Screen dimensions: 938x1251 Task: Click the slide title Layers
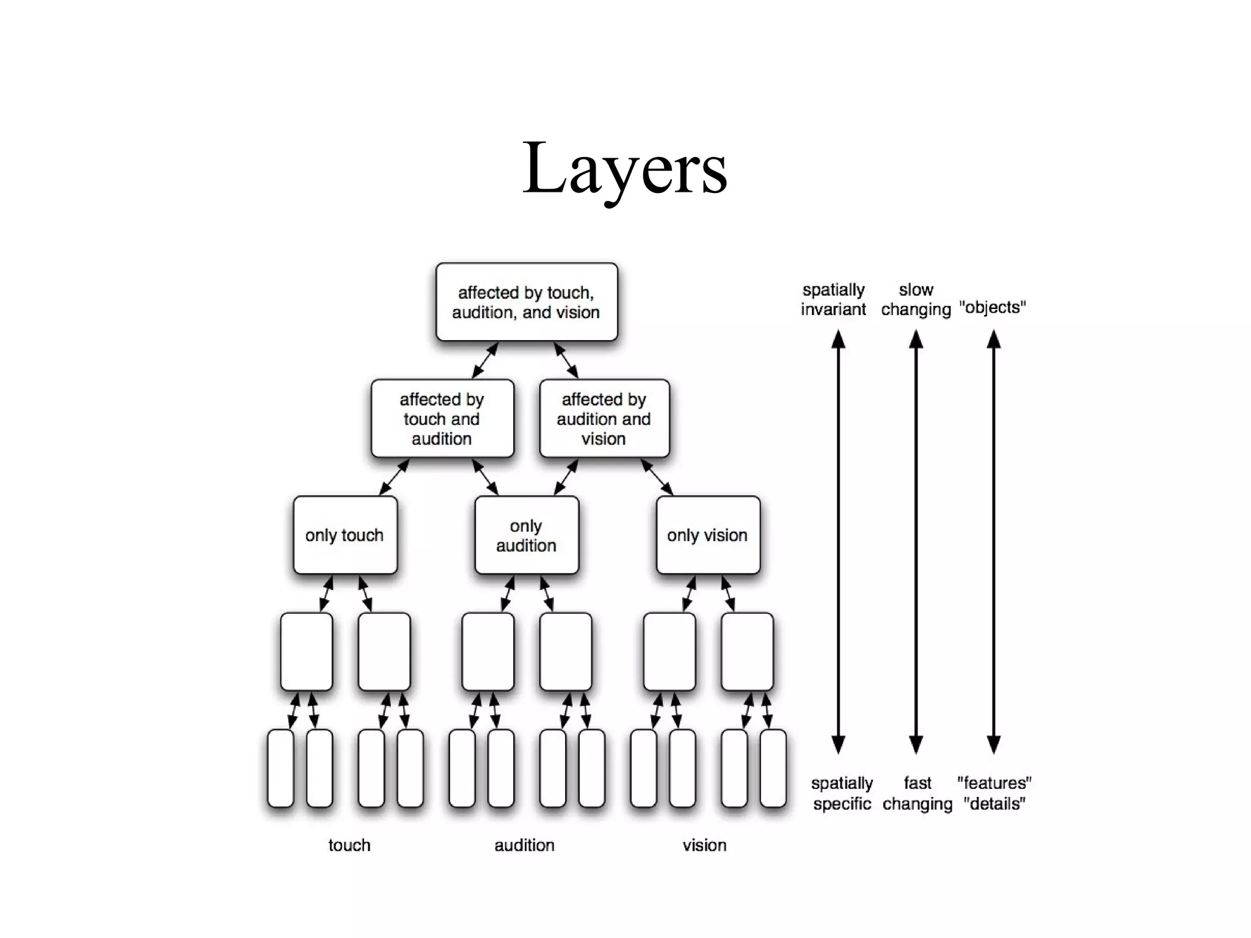point(624,168)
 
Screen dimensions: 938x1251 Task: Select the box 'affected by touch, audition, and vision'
point(526,302)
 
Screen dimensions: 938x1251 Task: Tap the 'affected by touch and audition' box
point(442,419)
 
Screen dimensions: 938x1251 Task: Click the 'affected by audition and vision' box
point(604,419)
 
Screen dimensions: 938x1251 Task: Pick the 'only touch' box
point(345,536)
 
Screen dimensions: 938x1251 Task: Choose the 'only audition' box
point(526,536)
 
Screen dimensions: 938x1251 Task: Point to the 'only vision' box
point(707,536)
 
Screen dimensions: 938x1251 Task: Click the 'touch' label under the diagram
point(349,845)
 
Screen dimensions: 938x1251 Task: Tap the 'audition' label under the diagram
point(525,845)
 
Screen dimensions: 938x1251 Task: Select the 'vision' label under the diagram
point(704,845)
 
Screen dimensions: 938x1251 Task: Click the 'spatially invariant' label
point(833,299)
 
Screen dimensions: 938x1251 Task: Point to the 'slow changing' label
point(916,299)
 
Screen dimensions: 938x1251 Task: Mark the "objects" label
point(993,307)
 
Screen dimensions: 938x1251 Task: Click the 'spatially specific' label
point(842,793)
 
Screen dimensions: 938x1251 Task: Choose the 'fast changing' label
point(917,793)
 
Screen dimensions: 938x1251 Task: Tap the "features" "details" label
point(994,793)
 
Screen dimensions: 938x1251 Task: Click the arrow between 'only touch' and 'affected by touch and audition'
point(394,477)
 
